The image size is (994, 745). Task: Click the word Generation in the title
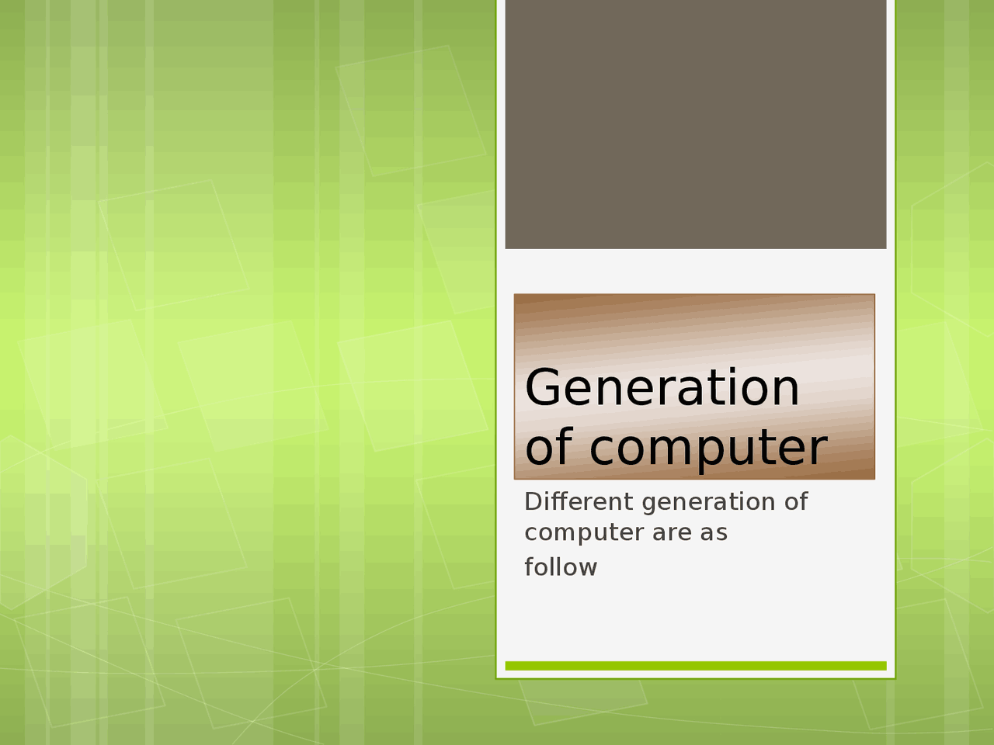[x=662, y=388]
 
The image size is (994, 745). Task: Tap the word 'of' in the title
[x=550, y=448]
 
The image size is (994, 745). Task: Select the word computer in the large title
[x=707, y=449]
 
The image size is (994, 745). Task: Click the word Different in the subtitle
[x=579, y=502]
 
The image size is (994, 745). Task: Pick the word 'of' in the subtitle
[x=796, y=502]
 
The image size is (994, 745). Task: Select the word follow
[x=561, y=567]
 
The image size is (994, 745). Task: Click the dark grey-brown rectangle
[x=695, y=124]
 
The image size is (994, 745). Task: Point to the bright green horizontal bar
[x=695, y=666]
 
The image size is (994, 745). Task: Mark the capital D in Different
[x=533, y=502]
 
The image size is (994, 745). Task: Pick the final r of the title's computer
[x=818, y=449]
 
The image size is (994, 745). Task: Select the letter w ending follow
[x=587, y=568]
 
